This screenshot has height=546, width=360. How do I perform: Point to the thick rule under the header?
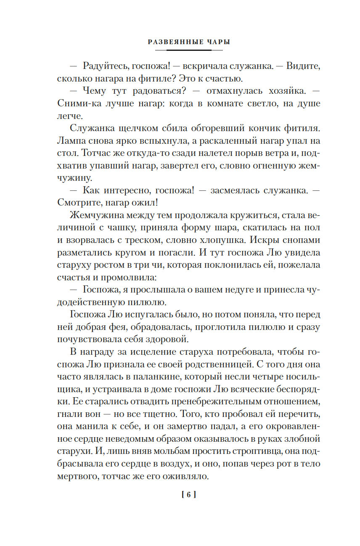click(x=189, y=50)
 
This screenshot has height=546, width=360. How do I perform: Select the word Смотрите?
click(x=79, y=203)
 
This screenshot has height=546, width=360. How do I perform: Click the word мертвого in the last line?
click(x=77, y=478)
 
